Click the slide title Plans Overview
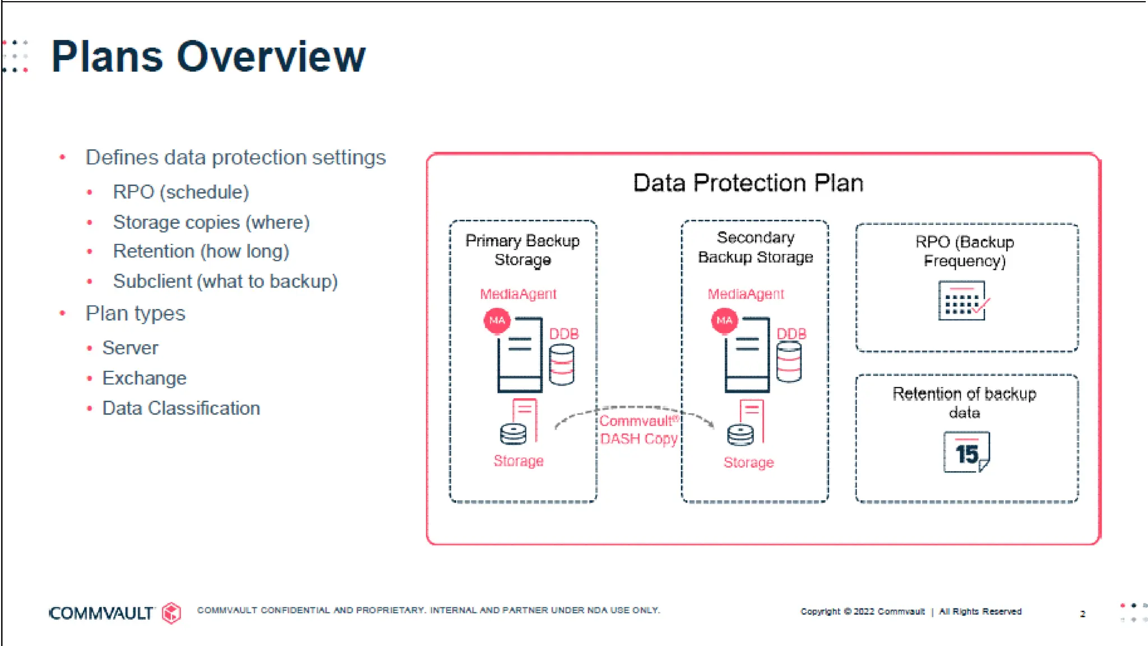click(208, 57)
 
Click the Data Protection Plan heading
click(748, 183)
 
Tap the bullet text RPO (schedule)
click(180, 192)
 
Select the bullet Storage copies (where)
click(211, 222)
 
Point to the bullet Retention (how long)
click(201, 251)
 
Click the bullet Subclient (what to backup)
click(225, 281)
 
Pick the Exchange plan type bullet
click(144, 378)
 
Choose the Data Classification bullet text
click(180, 408)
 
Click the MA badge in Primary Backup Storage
click(497, 321)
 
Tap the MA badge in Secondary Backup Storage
click(724, 321)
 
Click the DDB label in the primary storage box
click(563, 334)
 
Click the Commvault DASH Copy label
click(638, 430)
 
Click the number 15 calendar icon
click(966, 452)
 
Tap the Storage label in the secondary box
click(748, 463)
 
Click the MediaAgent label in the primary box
click(518, 294)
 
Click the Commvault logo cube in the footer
click(172, 612)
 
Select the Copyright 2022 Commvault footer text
click(862, 611)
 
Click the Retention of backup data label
click(964, 403)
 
